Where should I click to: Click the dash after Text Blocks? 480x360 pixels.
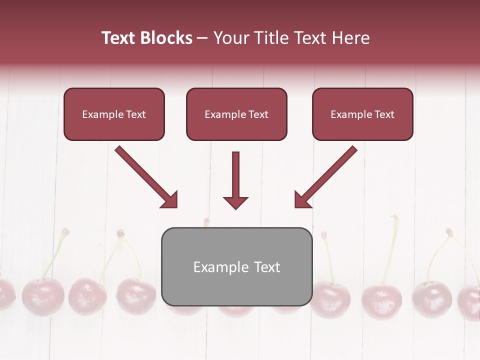click(203, 38)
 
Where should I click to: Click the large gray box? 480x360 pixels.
click(236, 290)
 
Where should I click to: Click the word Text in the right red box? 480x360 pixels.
click(384, 114)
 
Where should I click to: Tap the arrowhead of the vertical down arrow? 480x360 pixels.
click(235, 202)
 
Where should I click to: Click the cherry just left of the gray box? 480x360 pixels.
click(136, 296)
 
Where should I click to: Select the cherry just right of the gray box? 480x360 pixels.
click(330, 298)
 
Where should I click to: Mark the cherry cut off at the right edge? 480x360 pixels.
click(470, 302)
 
